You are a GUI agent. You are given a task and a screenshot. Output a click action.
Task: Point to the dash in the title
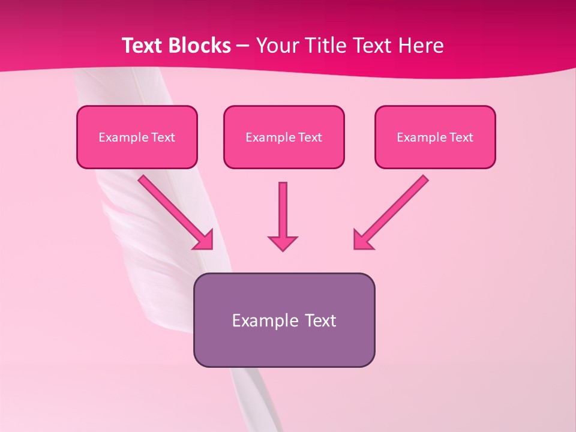click(x=244, y=46)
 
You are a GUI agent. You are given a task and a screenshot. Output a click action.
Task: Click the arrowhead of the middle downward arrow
click(x=283, y=242)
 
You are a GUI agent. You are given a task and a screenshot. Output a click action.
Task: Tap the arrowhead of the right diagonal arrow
click(x=362, y=240)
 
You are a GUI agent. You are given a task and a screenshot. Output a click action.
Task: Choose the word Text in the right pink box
click(x=461, y=137)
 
